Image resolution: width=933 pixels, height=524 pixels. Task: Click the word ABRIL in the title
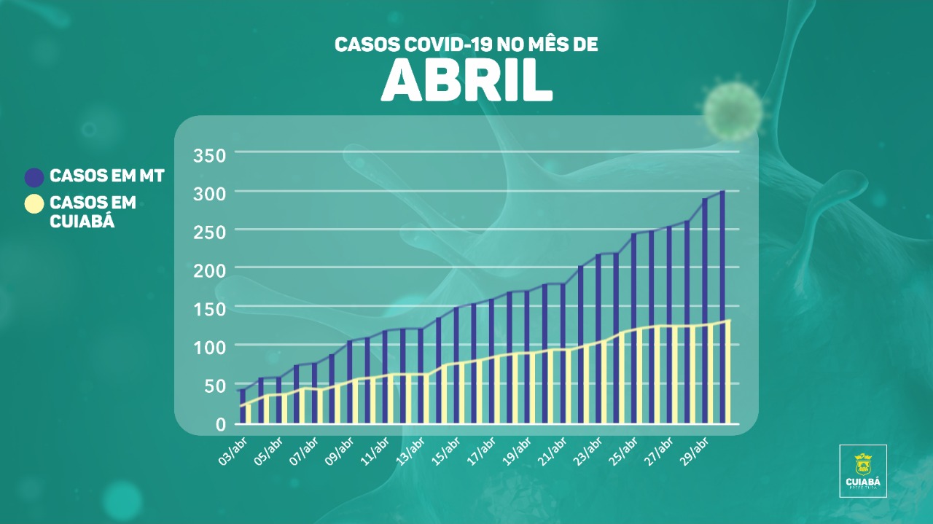(x=466, y=81)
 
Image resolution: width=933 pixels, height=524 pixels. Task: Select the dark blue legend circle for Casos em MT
(x=34, y=177)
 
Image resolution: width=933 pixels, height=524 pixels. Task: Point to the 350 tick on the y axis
(x=210, y=155)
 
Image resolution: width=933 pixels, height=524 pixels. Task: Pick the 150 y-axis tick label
(x=210, y=308)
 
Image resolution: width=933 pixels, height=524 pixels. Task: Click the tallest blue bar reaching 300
(x=722, y=306)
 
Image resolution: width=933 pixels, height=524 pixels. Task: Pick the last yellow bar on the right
(x=728, y=372)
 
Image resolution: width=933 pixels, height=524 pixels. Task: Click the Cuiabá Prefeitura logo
(x=863, y=470)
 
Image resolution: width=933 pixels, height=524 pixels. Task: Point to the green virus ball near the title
(x=732, y=110)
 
